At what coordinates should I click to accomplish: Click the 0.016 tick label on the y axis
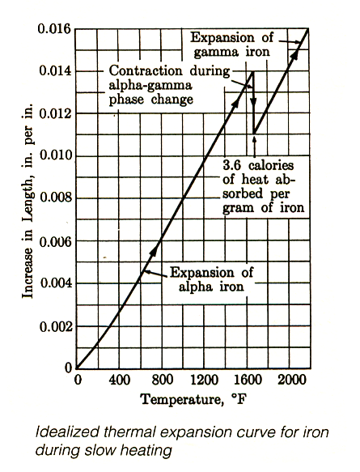click(54, 29)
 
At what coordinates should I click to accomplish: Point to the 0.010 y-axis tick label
click(56, 156)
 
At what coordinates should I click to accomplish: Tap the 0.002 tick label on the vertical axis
click(56, 326)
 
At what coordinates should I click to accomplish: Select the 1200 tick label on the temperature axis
click(204, 380)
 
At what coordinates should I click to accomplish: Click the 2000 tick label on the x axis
click(291, 380)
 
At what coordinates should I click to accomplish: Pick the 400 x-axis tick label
click(120, 380)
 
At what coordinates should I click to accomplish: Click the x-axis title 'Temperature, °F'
click(193, 400)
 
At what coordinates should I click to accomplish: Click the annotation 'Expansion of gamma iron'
click(231, 45)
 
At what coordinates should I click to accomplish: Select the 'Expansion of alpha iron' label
click(211, 279)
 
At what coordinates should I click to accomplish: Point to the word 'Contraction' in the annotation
click(146, 71)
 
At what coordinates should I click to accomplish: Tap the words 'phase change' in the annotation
click(150, 100)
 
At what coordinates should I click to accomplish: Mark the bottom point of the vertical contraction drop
click(254, 134)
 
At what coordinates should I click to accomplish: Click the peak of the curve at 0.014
click(253, 71)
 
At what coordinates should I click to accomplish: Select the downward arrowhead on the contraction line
click(254, 104)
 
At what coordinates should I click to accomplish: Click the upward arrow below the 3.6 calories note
click(255, 147)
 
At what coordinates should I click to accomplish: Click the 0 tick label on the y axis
click(69, 368)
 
